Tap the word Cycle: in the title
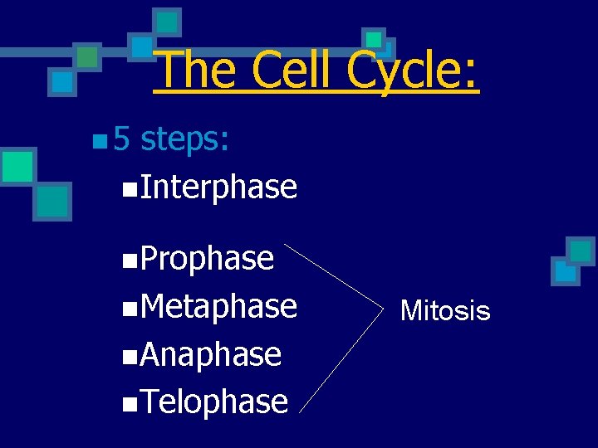tap(413, 71)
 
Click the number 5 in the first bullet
tap(122, 139)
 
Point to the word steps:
tap(184, 140)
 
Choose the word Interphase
tap(218, 187)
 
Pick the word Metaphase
tap(218, 306)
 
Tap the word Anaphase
tap(211, 354)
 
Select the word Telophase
tap(214, 402)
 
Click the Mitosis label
tap(445, 311)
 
